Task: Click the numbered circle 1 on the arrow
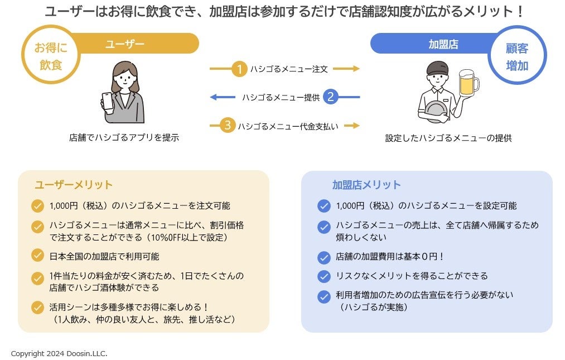(x=239, y=69)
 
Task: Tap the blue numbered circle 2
(x=330, y=97)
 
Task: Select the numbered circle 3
(x=227, y=126)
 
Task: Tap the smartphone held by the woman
(x=107, y=102)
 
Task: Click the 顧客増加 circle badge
(x=517, y=56)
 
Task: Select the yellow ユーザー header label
(x=125, y=44)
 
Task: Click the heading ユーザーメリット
(x=74, y=185)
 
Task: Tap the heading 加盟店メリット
(x=366, y=185)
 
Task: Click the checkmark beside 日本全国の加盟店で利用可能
(x=38, y=256)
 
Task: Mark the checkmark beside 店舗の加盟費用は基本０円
(x=324, y=257)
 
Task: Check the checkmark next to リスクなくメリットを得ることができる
(x=324, y=276)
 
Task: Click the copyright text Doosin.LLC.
(x=60, y=354)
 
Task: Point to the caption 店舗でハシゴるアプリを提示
(x=124, y=137)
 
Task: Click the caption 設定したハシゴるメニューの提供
(x=448, y=138)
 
